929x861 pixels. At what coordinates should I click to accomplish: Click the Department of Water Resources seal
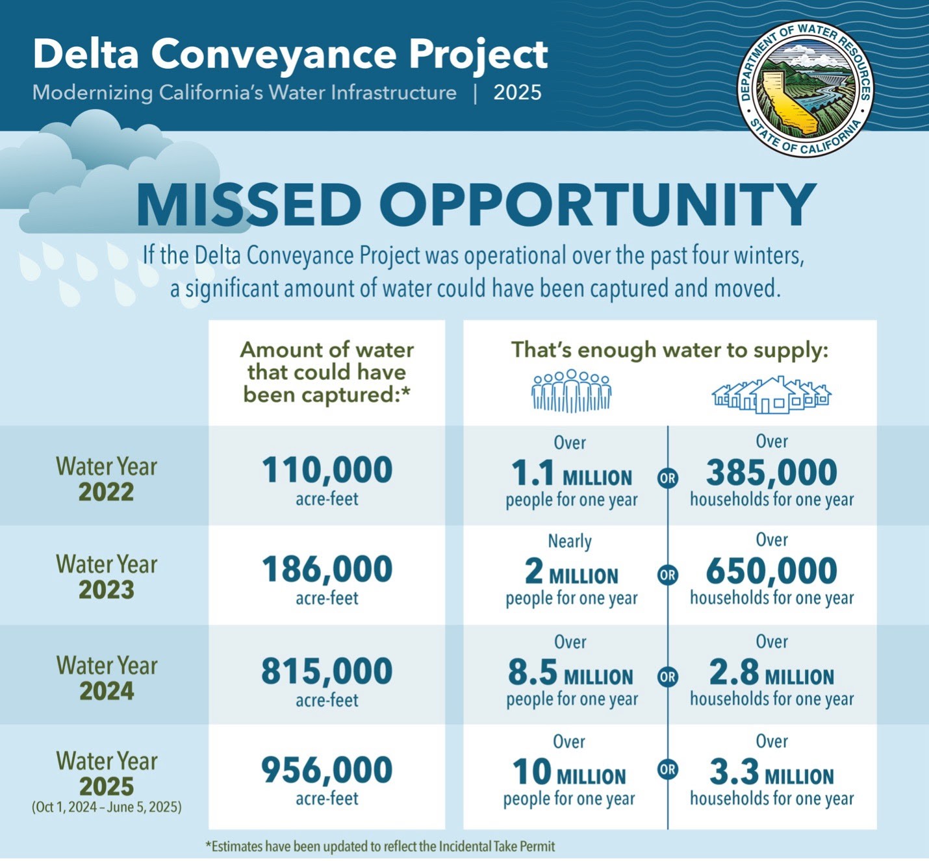[805, 89]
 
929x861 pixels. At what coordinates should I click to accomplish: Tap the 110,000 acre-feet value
[327, 470]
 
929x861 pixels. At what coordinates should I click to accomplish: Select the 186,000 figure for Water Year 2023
[327, 569]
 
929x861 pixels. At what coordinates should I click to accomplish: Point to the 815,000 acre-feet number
[327, 671]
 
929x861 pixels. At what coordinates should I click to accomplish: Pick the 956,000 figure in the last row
[327, 770]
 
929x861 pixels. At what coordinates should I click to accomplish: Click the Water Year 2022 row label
[107, 479]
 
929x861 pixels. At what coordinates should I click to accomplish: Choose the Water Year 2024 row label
[107, 678]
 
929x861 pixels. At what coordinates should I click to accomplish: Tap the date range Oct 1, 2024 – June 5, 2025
[107, 807]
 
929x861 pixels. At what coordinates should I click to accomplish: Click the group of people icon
[571, 391]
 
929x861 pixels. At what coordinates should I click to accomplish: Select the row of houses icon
[772, 395]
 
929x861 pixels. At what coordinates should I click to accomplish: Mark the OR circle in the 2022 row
[667, 479]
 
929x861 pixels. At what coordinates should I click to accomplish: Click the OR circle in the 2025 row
[667, 769]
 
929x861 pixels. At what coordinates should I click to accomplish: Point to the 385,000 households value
[772, 472]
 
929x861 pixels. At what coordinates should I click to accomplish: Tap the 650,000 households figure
[772, 571]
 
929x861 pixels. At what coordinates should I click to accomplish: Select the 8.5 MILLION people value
[570, 673]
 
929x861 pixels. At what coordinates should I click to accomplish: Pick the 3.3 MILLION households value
[772, 772]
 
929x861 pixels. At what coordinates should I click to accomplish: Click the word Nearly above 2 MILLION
[570, 542]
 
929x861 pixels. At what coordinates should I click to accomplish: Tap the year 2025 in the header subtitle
[517, 93]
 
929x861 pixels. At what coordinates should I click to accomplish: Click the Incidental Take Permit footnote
[380, 846]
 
